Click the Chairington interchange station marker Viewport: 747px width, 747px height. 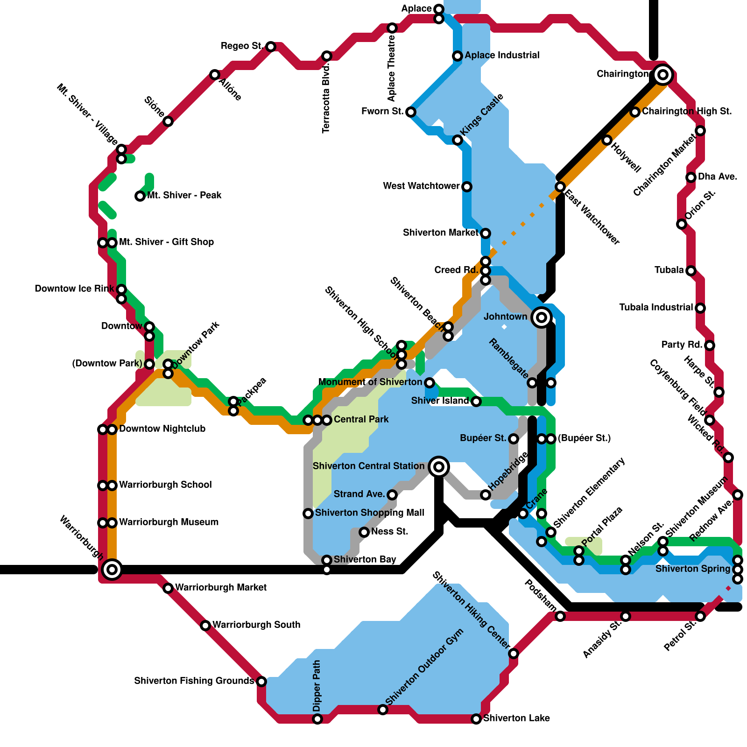(662, 74)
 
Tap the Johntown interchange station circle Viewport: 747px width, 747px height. (541, 317)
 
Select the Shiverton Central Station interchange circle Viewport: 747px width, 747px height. (438, 466)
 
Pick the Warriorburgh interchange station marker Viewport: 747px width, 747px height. (112, 569)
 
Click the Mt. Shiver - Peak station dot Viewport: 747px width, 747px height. (140, 196)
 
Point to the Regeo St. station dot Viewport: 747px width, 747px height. (271, 47)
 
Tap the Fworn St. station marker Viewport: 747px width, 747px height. (411, 112)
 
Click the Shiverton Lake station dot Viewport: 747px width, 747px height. (476, 719)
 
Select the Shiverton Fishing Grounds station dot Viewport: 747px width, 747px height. (261, 682)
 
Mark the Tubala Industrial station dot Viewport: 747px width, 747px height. (700, 308)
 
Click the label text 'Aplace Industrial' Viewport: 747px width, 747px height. (502, 56)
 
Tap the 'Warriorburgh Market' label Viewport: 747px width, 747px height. (220, 587)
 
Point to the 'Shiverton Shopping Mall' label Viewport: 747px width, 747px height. (369, 513)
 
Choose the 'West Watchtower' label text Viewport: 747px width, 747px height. (421, 186)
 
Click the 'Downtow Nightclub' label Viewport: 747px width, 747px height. (162, 429)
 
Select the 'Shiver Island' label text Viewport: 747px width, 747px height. (439, 401)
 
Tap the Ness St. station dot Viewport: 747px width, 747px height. (364, 532)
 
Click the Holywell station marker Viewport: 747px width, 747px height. (606, 140)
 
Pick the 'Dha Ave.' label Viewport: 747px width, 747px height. (718, 177)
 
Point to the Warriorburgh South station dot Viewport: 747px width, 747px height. (205, 626)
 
